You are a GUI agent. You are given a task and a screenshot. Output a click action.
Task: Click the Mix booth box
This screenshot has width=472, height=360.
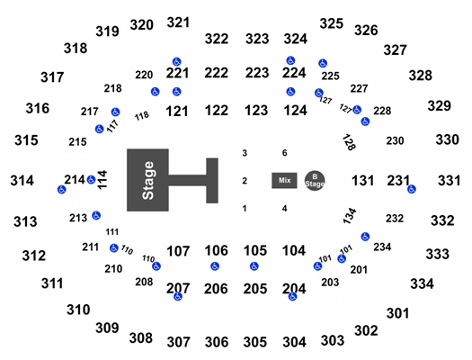click(284, 181)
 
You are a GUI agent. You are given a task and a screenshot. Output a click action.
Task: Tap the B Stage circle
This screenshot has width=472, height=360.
click(315, 181)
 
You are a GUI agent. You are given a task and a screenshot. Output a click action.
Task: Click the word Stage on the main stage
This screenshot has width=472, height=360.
click(148, 180)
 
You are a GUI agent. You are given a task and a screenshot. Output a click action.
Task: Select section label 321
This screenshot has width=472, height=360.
click(178, 22)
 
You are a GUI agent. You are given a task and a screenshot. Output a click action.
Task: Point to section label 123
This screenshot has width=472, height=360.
click(256, 111)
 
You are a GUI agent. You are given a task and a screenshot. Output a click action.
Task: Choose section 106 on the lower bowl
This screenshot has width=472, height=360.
click(216, 250)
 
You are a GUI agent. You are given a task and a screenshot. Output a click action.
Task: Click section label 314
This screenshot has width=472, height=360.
click(22, 181)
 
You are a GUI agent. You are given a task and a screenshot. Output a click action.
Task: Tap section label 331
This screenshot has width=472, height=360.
click(450, 181)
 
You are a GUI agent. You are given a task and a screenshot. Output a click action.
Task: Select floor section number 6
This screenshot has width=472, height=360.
click(284, 153)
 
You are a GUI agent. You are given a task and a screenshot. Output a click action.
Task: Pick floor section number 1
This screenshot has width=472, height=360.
click(245, 209)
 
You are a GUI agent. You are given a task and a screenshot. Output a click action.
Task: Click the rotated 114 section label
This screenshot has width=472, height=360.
click(102, 180)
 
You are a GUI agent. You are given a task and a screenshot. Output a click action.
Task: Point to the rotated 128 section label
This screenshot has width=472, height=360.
click(349, 142)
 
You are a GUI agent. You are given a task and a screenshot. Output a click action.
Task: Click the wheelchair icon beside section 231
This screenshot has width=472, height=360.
click(412, 189)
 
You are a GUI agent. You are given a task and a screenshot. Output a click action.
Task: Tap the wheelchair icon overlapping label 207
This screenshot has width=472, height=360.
click(178, 296)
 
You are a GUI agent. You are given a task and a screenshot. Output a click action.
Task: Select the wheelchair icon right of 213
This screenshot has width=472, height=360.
click(96, 215)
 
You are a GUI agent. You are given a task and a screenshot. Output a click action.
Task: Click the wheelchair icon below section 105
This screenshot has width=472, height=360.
click(254, 266)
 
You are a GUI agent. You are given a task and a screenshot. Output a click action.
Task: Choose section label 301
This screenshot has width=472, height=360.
click(397, 313)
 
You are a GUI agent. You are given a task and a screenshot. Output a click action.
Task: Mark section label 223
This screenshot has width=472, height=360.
click(257, 73)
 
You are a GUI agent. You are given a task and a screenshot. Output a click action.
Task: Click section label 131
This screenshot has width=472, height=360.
click(362, 181)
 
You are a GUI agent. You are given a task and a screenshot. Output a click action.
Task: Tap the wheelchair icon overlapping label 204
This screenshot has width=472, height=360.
click(292, 297)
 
